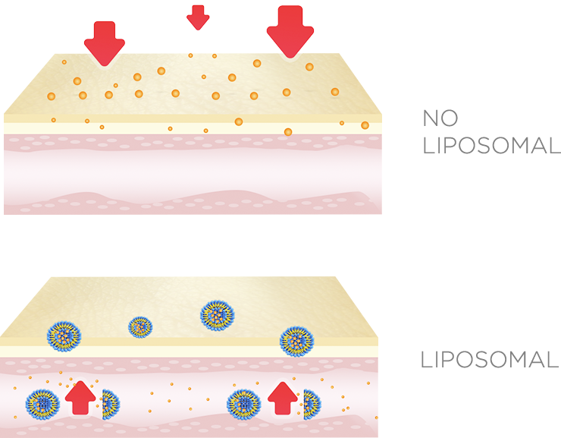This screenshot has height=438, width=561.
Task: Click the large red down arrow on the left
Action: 104,42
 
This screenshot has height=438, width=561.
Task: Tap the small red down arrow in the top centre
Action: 198,17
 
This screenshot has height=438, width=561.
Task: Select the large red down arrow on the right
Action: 289,30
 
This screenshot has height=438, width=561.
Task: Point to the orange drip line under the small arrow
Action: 190,48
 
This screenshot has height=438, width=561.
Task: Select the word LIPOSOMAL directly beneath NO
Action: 491,145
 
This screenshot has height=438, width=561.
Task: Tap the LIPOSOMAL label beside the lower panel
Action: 490,360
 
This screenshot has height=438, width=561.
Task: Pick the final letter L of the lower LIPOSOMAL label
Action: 553,360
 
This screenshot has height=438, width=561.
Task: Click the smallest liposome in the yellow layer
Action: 140,327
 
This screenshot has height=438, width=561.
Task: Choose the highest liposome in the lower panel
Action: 216,314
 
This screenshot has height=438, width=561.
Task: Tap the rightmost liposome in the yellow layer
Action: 295,341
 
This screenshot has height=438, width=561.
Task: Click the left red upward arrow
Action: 80,397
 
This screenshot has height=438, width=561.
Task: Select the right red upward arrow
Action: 282,397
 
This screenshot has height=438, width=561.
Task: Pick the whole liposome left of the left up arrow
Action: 42,405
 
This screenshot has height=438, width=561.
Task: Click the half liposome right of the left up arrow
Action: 109,405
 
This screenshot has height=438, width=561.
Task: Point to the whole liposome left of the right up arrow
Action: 243,405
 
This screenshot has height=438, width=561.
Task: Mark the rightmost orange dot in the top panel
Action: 365,125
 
